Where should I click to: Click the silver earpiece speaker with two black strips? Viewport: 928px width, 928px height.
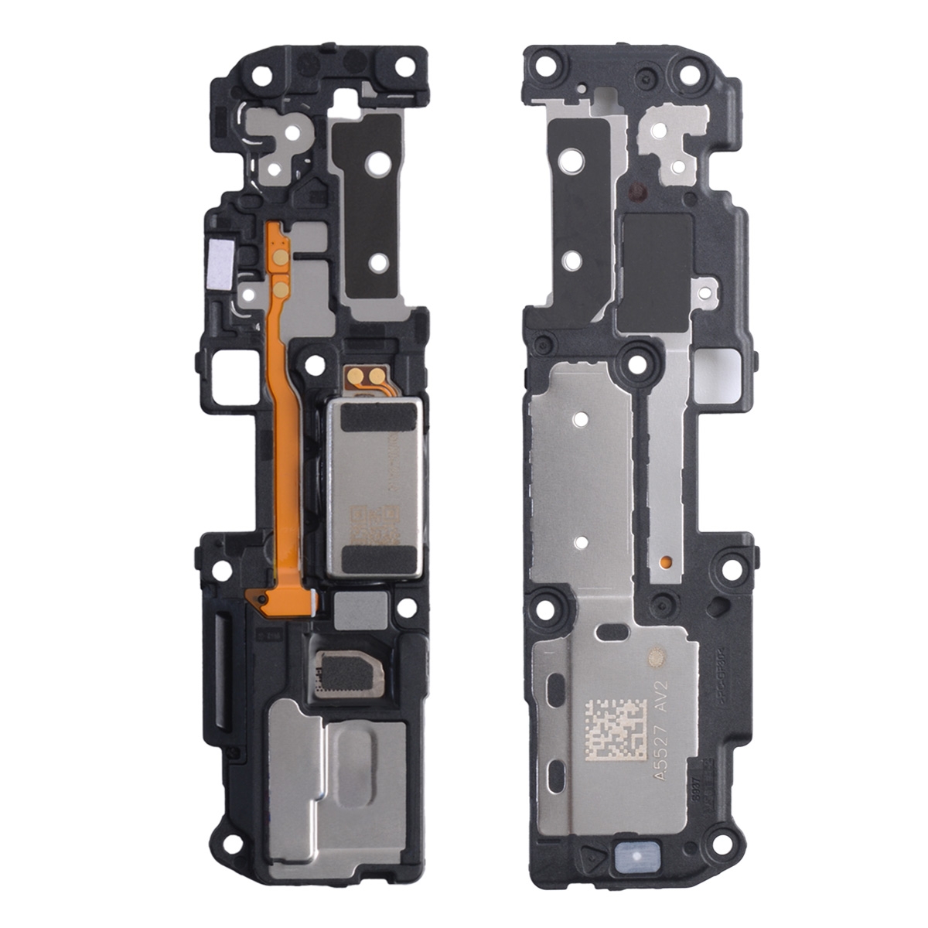(x=374, y=487)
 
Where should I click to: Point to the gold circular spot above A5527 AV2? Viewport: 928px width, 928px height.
(x=657, y=658)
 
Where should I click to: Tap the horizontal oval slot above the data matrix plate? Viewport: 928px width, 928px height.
(x=616, y=634)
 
